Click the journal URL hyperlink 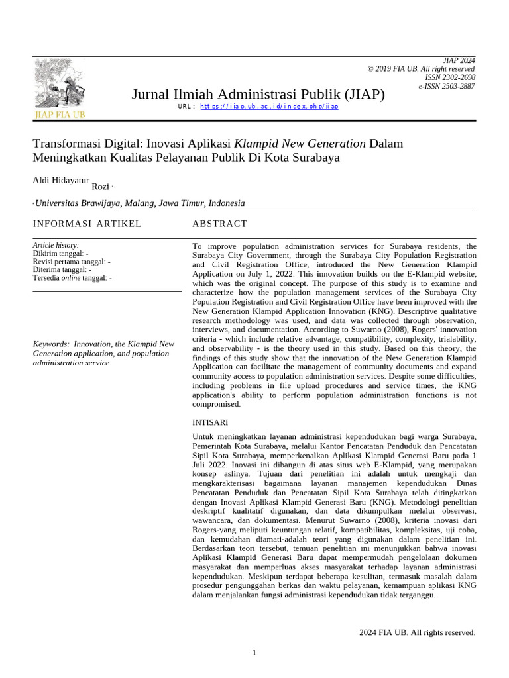click(x=269, y=106)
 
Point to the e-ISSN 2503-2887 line click(x=446, y=87)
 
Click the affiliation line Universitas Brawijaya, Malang click(x=139, y=203)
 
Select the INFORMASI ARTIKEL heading click(x=87, y=224)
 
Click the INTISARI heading click(x=210, y=422)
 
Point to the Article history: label click(x=56, y=245)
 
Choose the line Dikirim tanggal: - click(x=60, y=254)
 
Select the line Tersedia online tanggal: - click(x=72, y=278)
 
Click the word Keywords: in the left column click(x=51, y=344)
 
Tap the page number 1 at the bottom click(x=254, y=653)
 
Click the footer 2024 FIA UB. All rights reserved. click(x=417, y=632)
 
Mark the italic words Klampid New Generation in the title click(x=300, y=143)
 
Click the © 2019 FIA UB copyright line click(x=421, y=69)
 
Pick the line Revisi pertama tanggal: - click(x=72, y=262)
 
